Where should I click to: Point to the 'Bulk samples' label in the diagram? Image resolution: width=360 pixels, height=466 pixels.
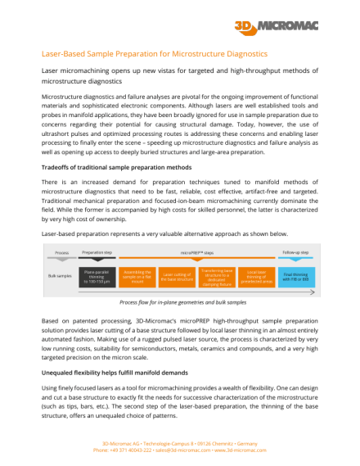(x=61, y=274)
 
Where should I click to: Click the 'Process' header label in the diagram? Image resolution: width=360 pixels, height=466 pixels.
(x=61, y=253)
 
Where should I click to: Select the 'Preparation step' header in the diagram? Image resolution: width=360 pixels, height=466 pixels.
(x=97, y=253)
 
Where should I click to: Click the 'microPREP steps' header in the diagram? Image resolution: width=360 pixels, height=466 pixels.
(x=196, y=253)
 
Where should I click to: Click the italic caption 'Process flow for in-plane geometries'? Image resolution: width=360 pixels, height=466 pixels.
(x=179, y=301)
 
